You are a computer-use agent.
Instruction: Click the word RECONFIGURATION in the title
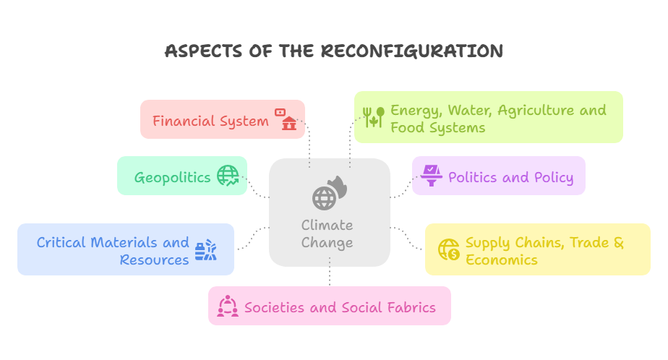[411, 51]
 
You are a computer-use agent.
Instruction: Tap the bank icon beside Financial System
[286, 119]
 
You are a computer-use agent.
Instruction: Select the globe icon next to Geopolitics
[228, 176]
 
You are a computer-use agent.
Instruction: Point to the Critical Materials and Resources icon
[205, 251]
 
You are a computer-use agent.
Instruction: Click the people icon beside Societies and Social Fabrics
[227, 307]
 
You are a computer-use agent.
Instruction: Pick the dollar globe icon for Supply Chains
[449, 249]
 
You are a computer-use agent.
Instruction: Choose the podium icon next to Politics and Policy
[432, 176]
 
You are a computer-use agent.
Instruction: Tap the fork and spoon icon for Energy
[373, 117]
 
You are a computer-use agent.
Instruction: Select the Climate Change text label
[327, 233]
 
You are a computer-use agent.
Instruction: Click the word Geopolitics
[172, 177]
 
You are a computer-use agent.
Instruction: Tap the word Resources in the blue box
[154, 260]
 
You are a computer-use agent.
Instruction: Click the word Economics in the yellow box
[501, 260]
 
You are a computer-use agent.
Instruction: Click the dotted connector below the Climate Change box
[330, 276]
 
